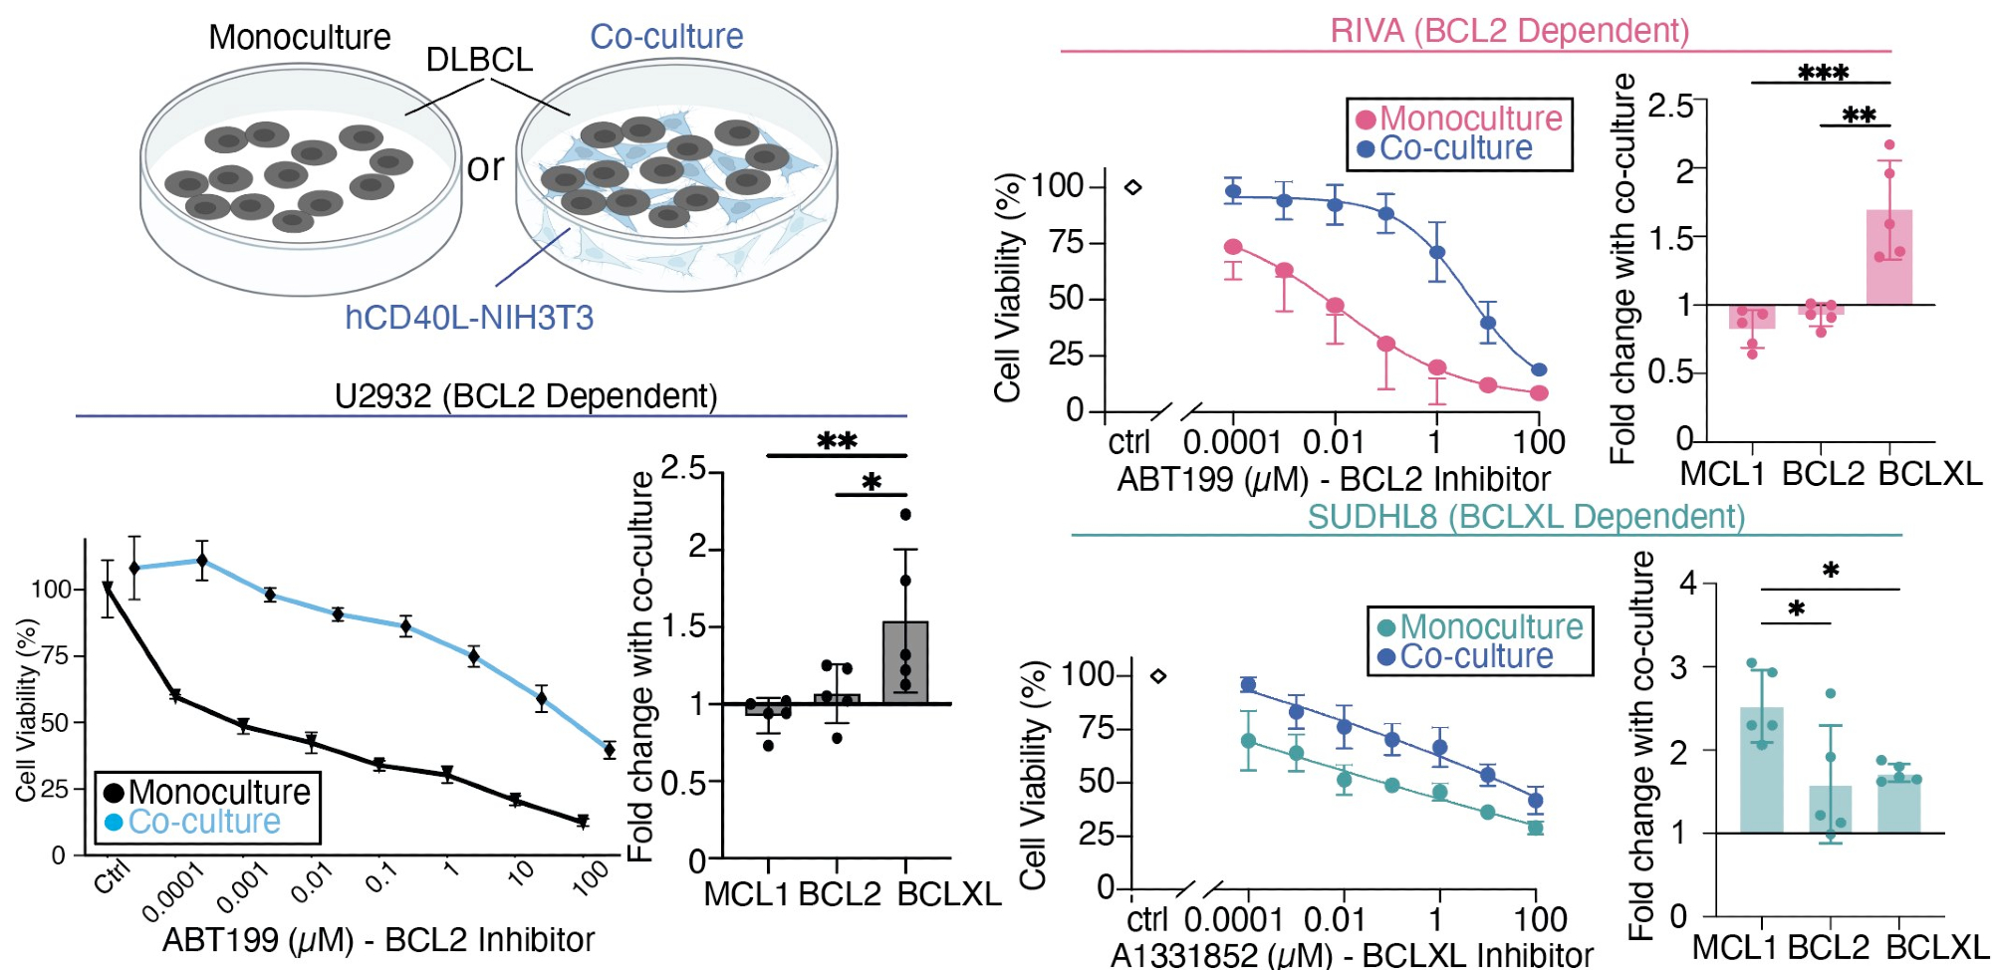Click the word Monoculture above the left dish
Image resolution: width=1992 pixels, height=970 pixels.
(300, 38)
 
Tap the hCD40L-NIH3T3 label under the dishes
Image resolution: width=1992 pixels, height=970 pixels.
(469, 318)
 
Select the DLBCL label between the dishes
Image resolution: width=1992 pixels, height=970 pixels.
(479, 60)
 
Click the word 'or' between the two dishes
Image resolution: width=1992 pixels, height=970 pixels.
(486, 167)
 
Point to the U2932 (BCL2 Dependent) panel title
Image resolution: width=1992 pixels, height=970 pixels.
(526, 396)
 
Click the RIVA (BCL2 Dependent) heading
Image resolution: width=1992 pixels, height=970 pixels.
(1509, 31)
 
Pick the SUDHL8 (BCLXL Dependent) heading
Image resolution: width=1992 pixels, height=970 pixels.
(1526, 517)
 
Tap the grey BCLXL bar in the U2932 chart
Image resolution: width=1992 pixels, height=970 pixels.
(905, 663)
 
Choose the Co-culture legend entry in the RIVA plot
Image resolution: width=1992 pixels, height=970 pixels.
(1455, 148)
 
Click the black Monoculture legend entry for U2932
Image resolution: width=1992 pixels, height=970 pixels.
(209, 793)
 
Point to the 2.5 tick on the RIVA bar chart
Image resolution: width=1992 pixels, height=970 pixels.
(1669, 105)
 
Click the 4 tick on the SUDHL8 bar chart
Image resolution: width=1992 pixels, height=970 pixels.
(1687, 583)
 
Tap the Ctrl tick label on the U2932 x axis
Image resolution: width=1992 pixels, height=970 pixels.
(112, 879)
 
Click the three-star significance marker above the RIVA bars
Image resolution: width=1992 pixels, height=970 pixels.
(1823, 73)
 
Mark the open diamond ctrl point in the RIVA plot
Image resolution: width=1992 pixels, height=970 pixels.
(1132, 187)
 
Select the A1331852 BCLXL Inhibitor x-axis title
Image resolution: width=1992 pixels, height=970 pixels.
(1351, 955)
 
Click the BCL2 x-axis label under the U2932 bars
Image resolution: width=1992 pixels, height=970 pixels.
(839, 894)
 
